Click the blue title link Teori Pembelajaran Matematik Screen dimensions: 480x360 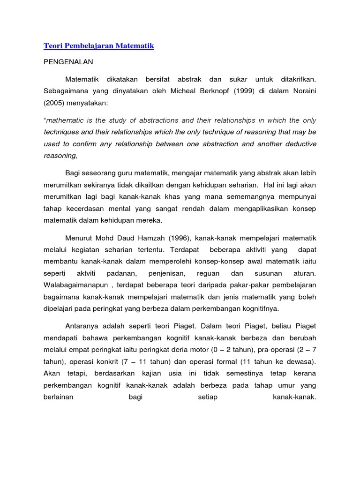pos(99,46)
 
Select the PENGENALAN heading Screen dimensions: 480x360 pos(68,62)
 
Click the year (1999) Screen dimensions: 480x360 pos(255,90)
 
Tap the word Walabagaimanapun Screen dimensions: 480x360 pos(75,285)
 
